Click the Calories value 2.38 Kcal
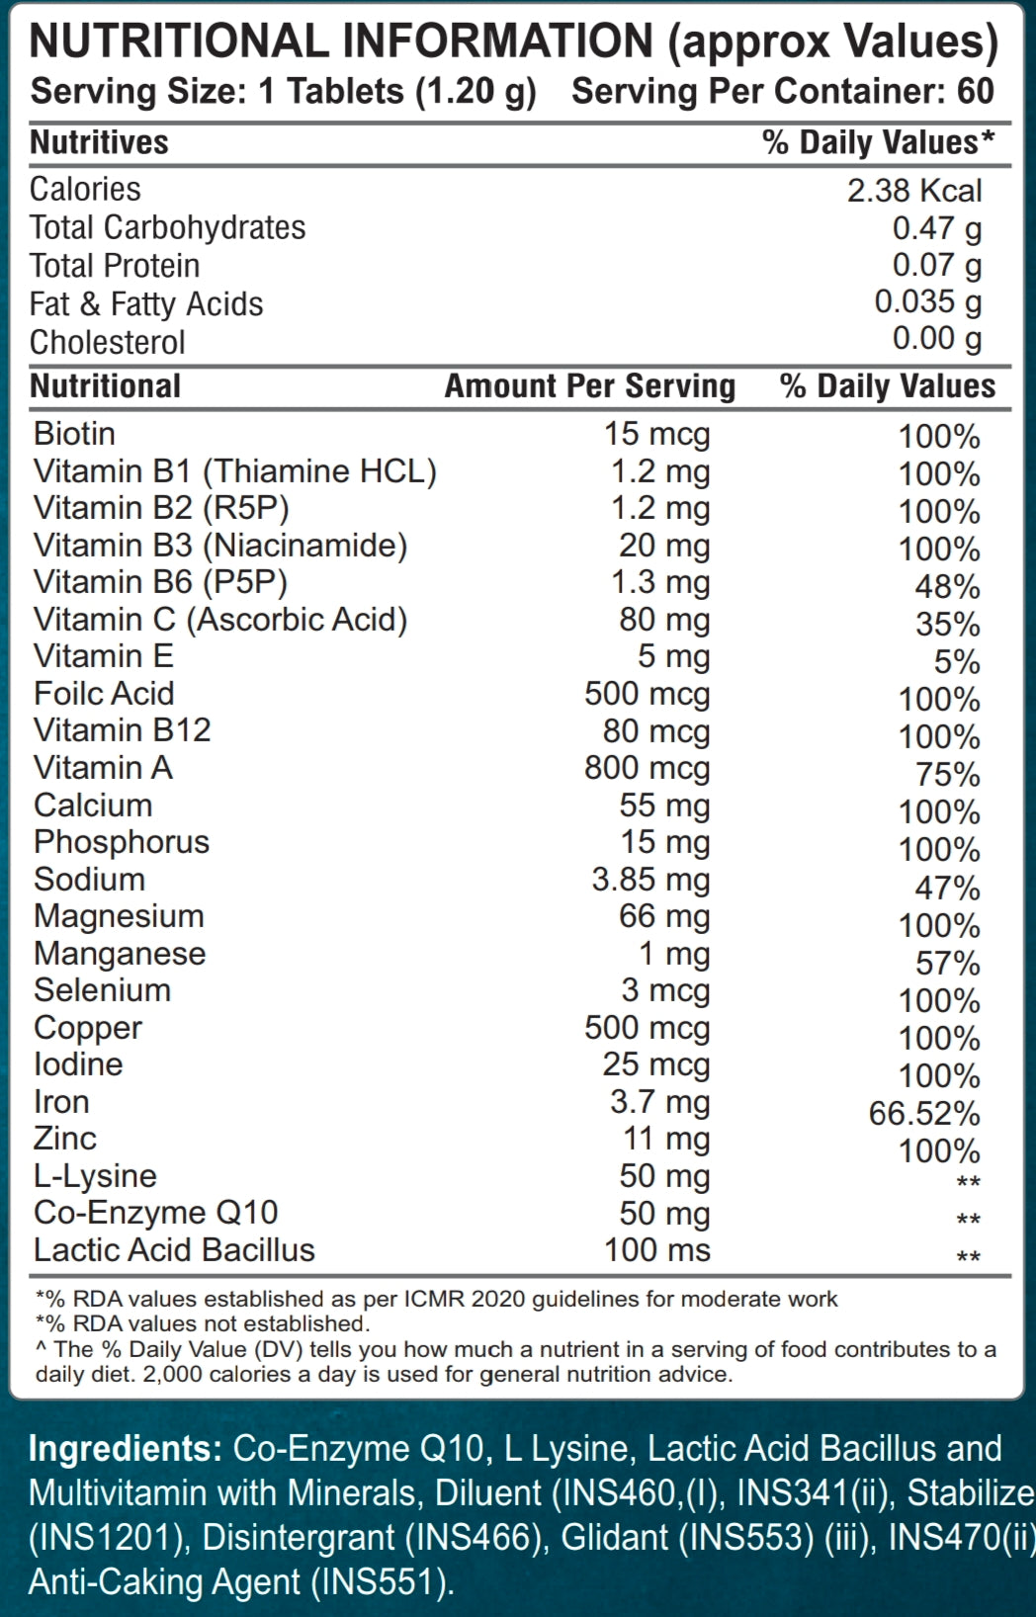coord(913,191)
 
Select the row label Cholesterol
coord(107,342)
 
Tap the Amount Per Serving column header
coord(589,385)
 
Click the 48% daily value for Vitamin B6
coord(947,587)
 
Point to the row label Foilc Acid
coord(104,694)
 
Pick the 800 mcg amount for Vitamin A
coord(647,768)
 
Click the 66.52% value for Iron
coord(923,1114)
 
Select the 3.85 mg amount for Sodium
coord(650,880)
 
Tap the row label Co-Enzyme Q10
coord(155,1213)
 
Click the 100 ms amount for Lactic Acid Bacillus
coord(656,1250)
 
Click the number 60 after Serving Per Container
coord(975,91)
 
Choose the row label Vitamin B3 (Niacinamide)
coord(219,546)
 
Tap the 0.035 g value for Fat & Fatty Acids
coord(927,302)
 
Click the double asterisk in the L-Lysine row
coord(968,1183)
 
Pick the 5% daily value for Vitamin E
coord(956,662)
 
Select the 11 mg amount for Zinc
coord(665,1140)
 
